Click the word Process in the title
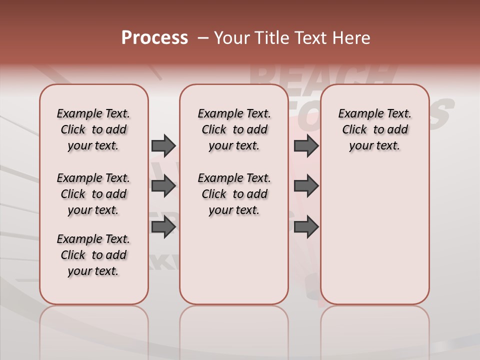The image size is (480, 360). [154, 38]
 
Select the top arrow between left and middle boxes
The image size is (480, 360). [163, 145]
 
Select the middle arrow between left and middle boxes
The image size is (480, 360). [163, 186]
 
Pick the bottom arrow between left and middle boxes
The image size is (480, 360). [163, 227]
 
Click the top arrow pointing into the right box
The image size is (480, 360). [306, 145]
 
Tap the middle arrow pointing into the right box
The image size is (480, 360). [306, 186]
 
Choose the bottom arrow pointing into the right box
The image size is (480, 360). [306, 227]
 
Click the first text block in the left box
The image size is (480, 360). [93, 129]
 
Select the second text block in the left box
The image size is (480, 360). [93, 194]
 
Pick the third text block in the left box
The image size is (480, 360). [93, 255]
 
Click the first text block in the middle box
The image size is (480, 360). [234, 129]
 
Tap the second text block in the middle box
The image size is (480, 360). [234, 194]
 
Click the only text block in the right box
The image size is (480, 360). [374, 129]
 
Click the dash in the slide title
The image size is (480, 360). [203, 38]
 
